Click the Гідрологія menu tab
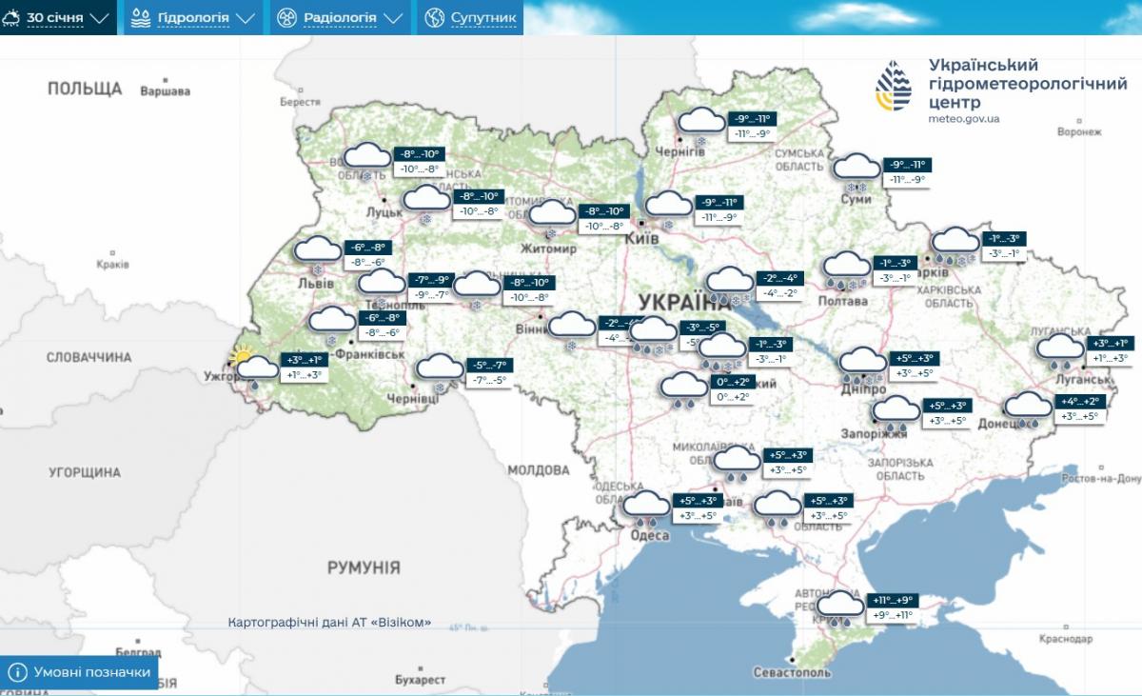[193, 17]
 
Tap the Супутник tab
[471, 17]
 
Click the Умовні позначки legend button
[80, 672]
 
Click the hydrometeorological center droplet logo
[893, 87]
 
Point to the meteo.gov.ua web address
[963, 119]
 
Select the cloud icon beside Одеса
[646, 507]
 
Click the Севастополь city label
[791, 672]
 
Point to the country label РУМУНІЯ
[364, 567]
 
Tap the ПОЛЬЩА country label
[85, 89]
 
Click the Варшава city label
[165, 91]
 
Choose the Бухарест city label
[420, 680]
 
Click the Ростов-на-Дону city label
[1099, 479]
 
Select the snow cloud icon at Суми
[856, 169]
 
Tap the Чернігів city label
[680, 152]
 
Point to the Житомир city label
[548, 249]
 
